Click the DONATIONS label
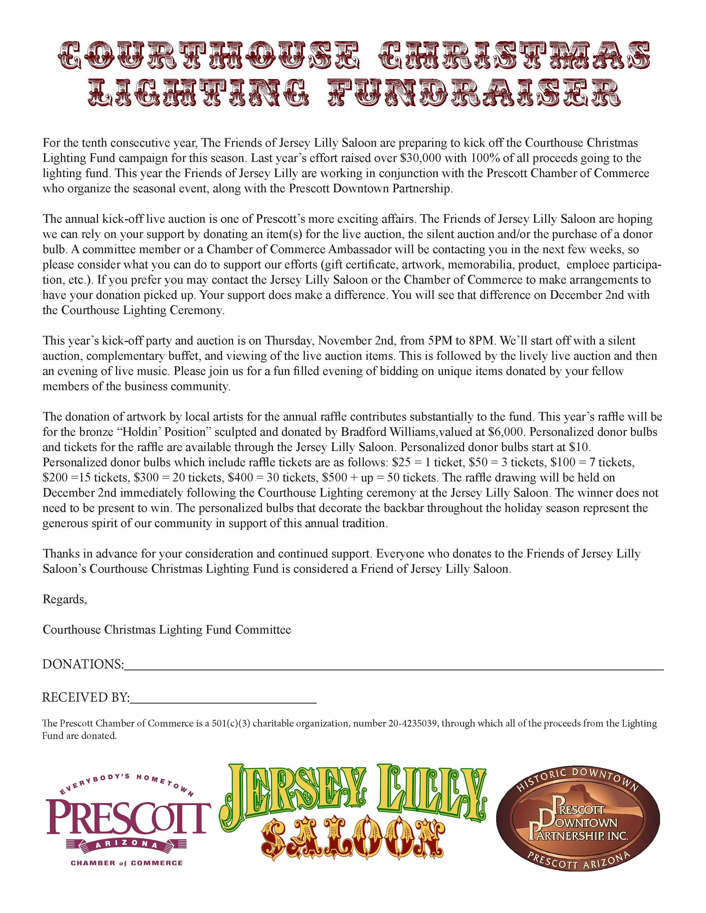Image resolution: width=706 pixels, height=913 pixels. pos(83,664)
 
